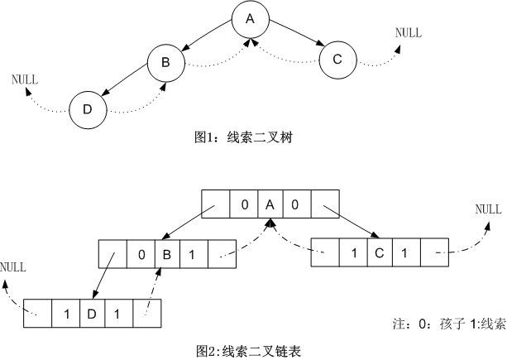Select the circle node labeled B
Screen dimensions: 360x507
tap(165, 62)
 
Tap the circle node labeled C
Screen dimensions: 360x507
tap(337, 59)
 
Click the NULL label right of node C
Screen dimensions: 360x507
tap(408, 33)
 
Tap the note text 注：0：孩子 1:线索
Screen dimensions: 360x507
tap(447, 324)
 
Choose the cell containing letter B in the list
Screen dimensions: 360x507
tap(166, 254)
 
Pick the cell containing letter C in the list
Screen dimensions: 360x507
tap(379, 252)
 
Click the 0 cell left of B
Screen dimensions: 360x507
tap(141, 254)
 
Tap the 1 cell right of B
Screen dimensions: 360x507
tap(193, 254)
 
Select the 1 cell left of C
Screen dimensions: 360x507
tap(353, 252)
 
